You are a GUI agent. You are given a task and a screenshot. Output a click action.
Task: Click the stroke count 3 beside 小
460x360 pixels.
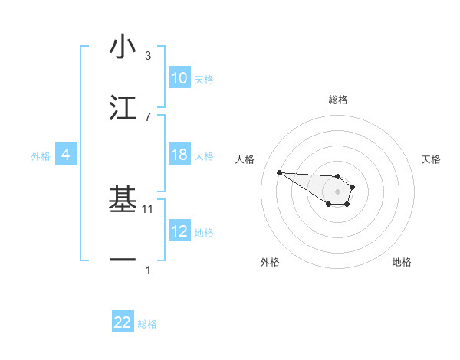(148, 56)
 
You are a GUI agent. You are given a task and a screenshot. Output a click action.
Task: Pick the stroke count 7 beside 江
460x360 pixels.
(148, 116)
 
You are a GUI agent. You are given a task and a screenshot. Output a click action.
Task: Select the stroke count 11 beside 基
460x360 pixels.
(149, 208)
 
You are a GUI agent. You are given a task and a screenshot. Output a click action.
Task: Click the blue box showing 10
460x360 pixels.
(179, 78)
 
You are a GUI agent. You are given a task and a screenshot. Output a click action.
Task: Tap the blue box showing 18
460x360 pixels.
(179, 155)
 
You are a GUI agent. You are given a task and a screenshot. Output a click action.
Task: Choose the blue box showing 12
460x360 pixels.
(179, 231)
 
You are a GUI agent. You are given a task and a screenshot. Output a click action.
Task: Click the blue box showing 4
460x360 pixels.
(66, 155)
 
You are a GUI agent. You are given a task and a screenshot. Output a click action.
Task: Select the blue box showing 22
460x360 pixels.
(123, 322)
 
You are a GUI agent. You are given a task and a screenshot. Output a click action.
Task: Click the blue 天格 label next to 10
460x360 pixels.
(204, 79)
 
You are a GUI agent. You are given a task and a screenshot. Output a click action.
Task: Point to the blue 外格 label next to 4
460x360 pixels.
(41, 155)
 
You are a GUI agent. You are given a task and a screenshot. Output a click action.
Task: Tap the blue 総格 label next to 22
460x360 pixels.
(147, 324)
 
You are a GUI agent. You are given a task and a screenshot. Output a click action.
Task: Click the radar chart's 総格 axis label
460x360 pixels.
(338, 100)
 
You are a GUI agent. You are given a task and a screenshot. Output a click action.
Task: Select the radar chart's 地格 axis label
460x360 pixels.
(402, 262)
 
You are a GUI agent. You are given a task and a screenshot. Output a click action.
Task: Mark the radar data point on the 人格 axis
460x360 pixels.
(279, 172)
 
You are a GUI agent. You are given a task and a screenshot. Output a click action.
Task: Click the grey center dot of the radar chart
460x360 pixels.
(337, 191)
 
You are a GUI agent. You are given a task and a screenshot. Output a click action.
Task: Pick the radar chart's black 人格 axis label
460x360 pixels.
(245, 159)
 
